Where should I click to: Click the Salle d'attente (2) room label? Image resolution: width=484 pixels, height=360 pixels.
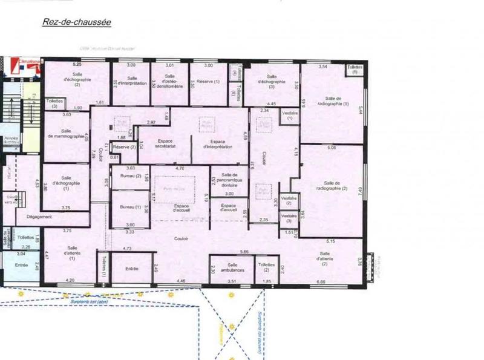point(325,259)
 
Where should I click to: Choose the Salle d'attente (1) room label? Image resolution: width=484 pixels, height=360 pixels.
point(73,253)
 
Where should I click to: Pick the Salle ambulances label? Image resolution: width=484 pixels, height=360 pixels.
point(232,267)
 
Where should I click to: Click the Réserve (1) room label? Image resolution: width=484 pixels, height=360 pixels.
point(209,81)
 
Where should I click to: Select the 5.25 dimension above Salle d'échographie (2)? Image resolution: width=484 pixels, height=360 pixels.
point(77,64)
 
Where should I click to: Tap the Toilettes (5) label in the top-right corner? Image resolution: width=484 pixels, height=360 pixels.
point(354,70)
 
